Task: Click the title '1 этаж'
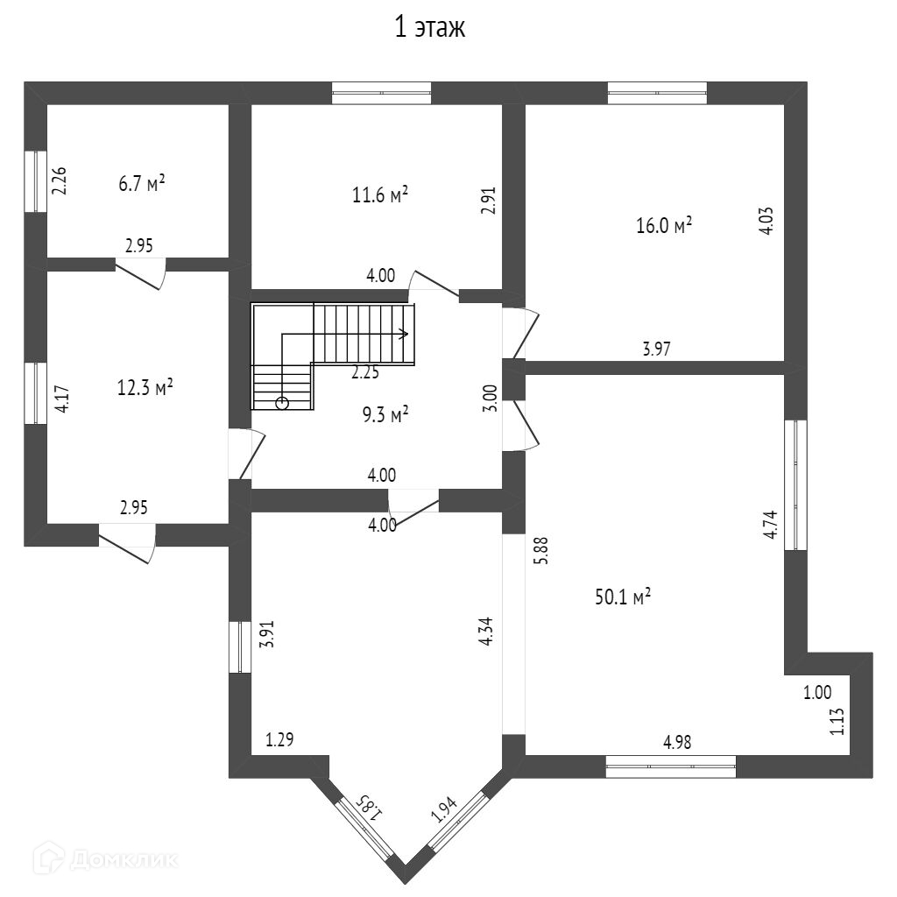coord(429,28)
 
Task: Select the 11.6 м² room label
coord(381,195)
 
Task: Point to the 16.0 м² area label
coord(664,226)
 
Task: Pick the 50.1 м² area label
coord(621,598)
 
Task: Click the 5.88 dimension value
coord(540,550)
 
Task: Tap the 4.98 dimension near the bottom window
coord(677,743)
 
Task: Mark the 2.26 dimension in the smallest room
coord(59,180)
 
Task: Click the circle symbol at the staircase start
coord(282,403)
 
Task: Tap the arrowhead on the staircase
coord(405,333)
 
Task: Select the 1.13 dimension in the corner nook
coord(837,721)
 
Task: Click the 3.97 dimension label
coord(657,350)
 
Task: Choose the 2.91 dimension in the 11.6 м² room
coord(490,200)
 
